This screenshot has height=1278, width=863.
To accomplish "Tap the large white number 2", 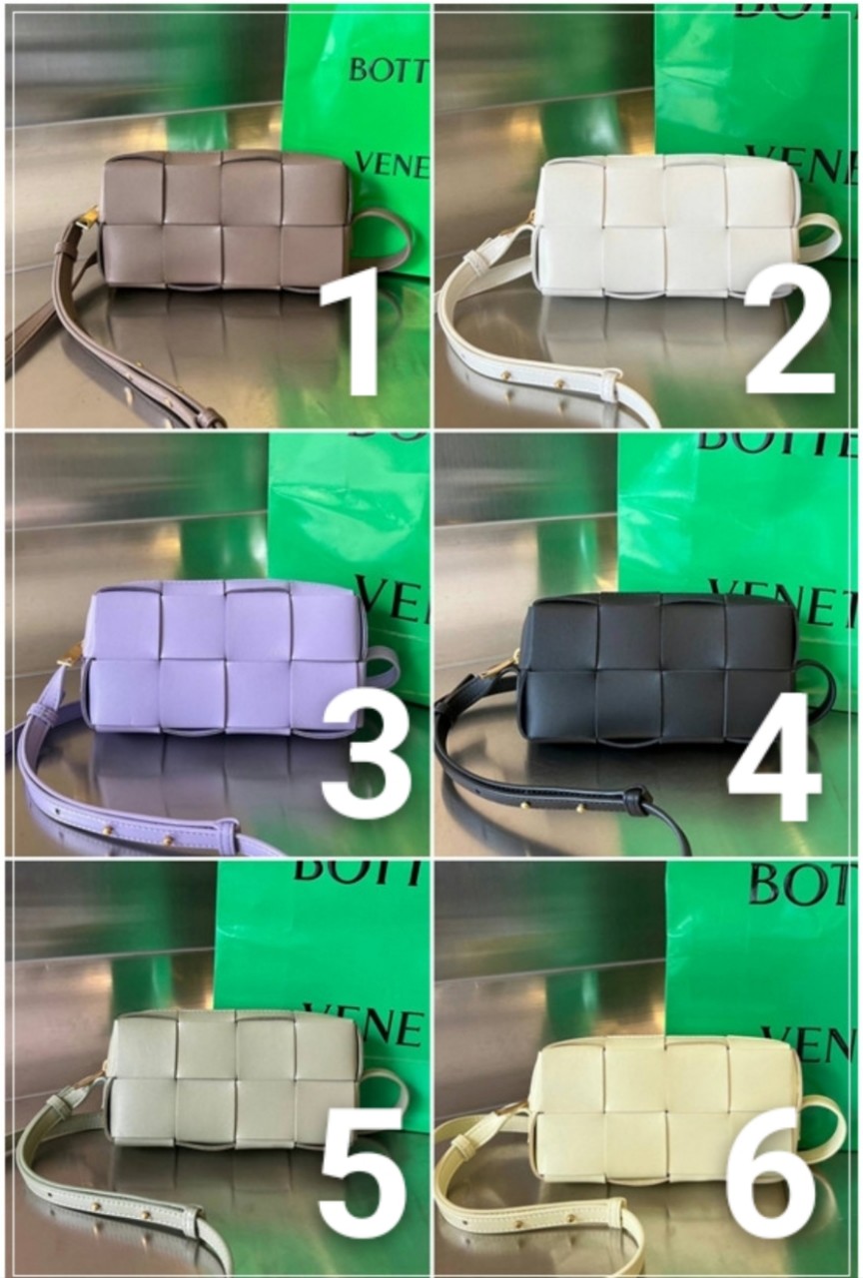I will (789, 334).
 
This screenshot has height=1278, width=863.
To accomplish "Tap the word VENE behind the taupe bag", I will (392, 164).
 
